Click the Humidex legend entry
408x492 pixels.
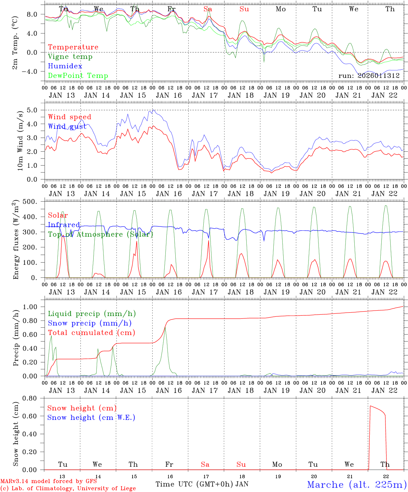65,66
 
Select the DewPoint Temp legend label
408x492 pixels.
78,76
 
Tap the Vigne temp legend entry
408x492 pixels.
70,57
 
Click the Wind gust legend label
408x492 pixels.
67,127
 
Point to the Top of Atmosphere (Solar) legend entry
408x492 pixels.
100,234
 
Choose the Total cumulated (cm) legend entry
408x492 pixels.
91,333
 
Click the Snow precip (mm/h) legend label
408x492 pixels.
90,323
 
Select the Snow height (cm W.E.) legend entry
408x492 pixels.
91,418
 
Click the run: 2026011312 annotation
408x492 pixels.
369,76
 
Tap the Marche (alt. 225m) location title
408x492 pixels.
357,484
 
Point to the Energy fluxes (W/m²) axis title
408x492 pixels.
16,241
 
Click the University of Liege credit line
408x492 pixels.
68,488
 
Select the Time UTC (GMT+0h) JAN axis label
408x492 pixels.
202,484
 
